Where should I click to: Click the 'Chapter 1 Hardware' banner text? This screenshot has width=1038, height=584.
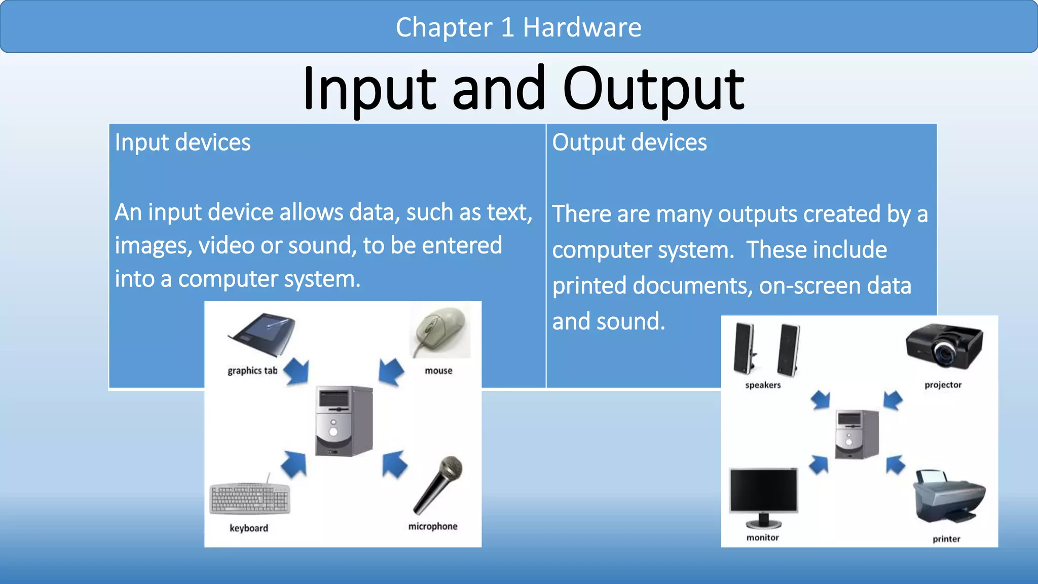tap(518, 27)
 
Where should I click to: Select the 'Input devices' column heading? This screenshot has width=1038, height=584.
tap(182, 142)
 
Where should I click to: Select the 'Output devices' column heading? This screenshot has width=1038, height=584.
tap(629, 142)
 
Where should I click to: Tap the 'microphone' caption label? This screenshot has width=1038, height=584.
tap(433, 526)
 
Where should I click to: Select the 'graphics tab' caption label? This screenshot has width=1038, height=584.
tap(252, 371)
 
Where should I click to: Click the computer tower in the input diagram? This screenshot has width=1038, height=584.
tap(344, 421)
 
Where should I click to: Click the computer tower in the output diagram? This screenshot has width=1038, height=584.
tap(857, 434)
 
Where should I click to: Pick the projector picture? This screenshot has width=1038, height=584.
tap(944, 347)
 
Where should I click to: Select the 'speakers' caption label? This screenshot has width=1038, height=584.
tap(763, 385)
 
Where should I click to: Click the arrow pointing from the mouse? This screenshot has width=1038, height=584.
tap(391, 372)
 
